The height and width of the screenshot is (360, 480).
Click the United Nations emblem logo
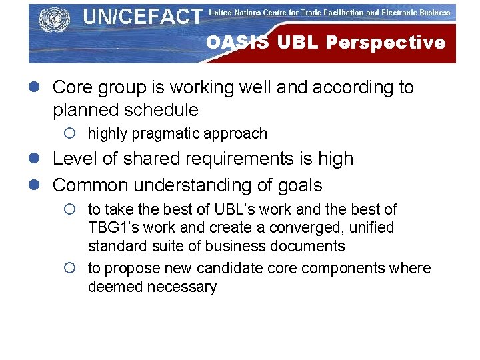point(55,19)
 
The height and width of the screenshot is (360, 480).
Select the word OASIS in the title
point(238,43)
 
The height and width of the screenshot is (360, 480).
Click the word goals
point(299,185)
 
